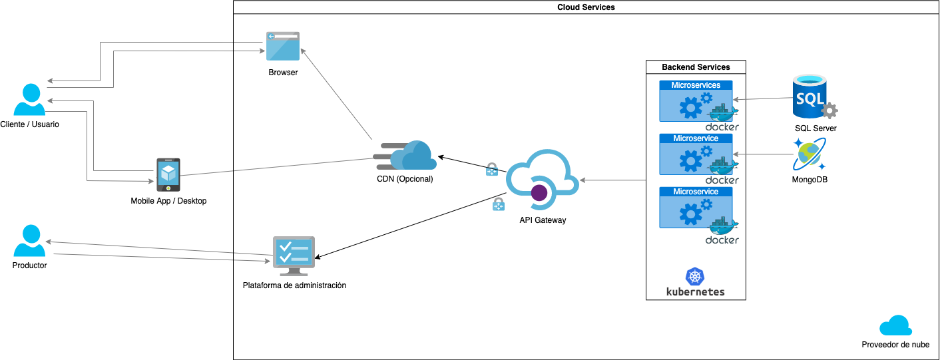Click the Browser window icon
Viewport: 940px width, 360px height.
pyautogui.click(x=283, y=46)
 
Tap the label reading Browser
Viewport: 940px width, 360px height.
pyautogui.click(x=283, y=73)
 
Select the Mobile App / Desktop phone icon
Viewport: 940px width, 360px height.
pyautogui.click(x=168, y=174)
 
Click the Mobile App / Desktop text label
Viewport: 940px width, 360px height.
pyautogui.click(x=168, y=200)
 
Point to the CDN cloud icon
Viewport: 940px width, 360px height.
pyautogui.click(x=405, y=156)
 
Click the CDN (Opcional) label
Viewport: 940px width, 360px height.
pyautogui.click(x=405, y=179)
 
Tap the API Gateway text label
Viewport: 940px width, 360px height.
pyautogui.click(x=543, y=220)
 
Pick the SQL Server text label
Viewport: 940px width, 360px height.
pyautogui.click(x=816, y=128)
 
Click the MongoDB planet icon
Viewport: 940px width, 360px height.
pyautogui.click(x=810, y=155)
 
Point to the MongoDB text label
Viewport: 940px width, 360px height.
pyautogui.click(x=810, y=180)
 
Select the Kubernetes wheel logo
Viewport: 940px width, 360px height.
pyautogui.click(x=695, y=277)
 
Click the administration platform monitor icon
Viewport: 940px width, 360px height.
pyautogui.click(x=294, y=256)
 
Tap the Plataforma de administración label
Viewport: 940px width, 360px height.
pyautogui.click(x=294, y=285)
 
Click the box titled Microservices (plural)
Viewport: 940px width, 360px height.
pyautogui.click(x=696, y=101)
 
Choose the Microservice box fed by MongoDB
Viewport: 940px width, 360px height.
pyautogui.click(x=696, y=154)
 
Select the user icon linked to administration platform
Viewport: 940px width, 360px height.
pyautogui.click(x=29, y=240)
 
